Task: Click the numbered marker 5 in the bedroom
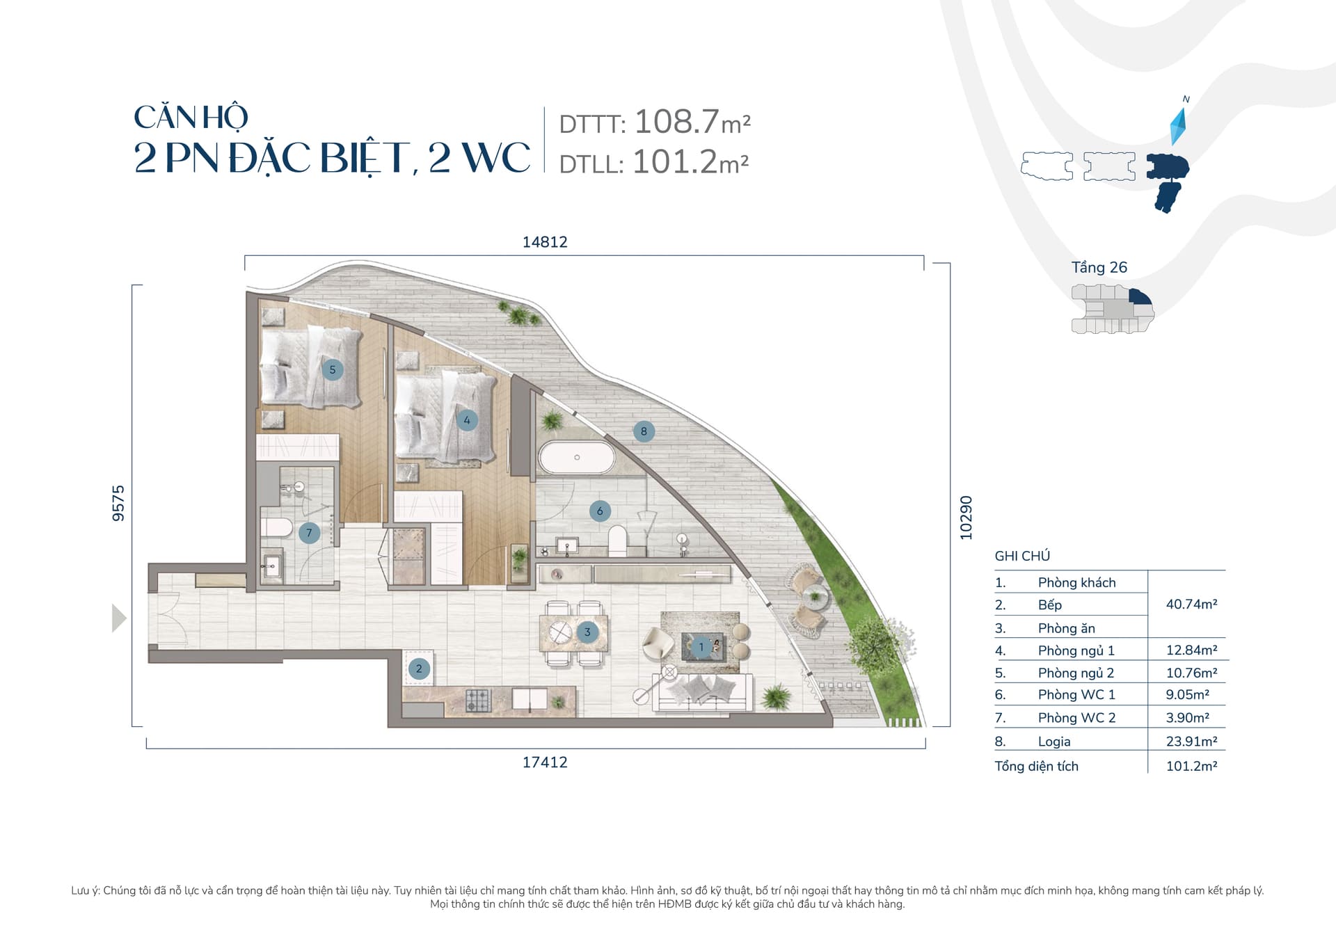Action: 333,369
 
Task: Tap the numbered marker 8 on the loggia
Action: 644,431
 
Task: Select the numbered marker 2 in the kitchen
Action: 419,669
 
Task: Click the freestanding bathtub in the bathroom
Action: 577,458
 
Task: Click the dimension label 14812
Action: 545,242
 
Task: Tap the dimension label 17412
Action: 545,762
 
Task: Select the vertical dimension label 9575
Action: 118,503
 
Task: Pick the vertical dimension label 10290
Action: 966,518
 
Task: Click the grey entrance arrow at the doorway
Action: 119,618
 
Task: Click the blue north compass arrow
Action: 1178,126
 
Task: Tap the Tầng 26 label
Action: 1099,267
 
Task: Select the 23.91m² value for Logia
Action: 1192,742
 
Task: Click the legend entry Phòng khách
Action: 1077,583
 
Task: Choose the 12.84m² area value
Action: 1192,650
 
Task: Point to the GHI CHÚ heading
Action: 1022,556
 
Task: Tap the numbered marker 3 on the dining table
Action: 587,632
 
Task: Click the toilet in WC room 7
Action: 278,527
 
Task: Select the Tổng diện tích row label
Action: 1037,766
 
